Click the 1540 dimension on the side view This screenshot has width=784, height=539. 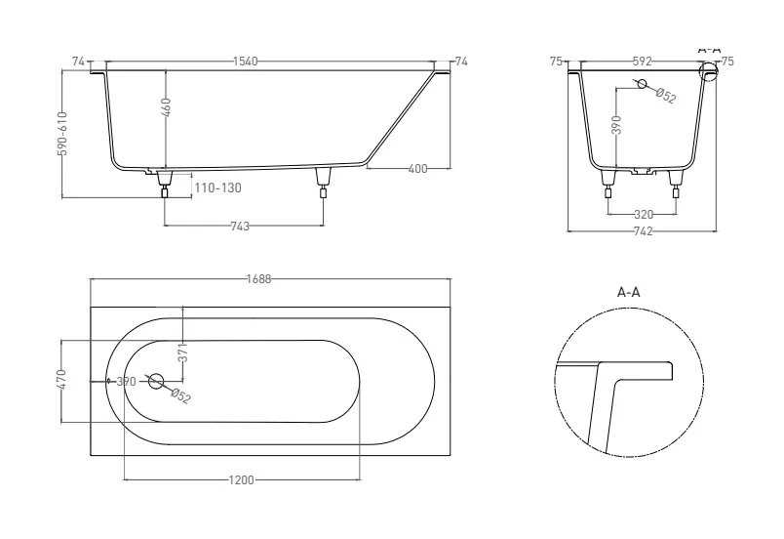pos(246,62)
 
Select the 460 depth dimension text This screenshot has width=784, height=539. pos(167,107)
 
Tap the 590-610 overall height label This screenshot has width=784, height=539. pos(62,134)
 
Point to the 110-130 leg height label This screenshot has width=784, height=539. pos(218,188)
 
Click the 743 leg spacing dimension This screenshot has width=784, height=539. pos(240,227)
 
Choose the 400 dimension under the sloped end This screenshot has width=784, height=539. pos(418,169)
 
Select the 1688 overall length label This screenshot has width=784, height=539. pos(259,279)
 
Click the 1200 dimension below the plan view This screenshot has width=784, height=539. pos(242,480)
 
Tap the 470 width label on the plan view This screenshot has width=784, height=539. pos(61,380)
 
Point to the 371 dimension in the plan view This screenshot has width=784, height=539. pos(183,352)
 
